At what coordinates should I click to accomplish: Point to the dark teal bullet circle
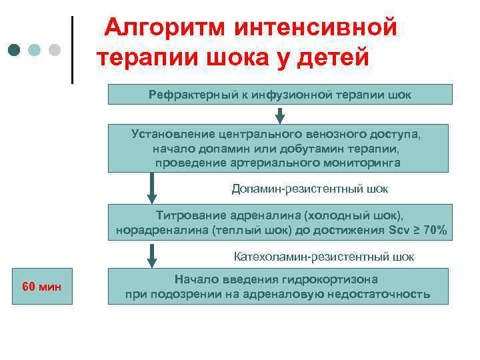15,50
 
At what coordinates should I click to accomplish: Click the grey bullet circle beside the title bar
55,50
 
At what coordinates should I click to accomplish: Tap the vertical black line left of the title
72,50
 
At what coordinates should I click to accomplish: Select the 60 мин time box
41,287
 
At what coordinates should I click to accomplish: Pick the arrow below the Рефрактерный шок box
280,115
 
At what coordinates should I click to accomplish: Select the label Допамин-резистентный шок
310,189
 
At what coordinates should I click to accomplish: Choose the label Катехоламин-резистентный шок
324,256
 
